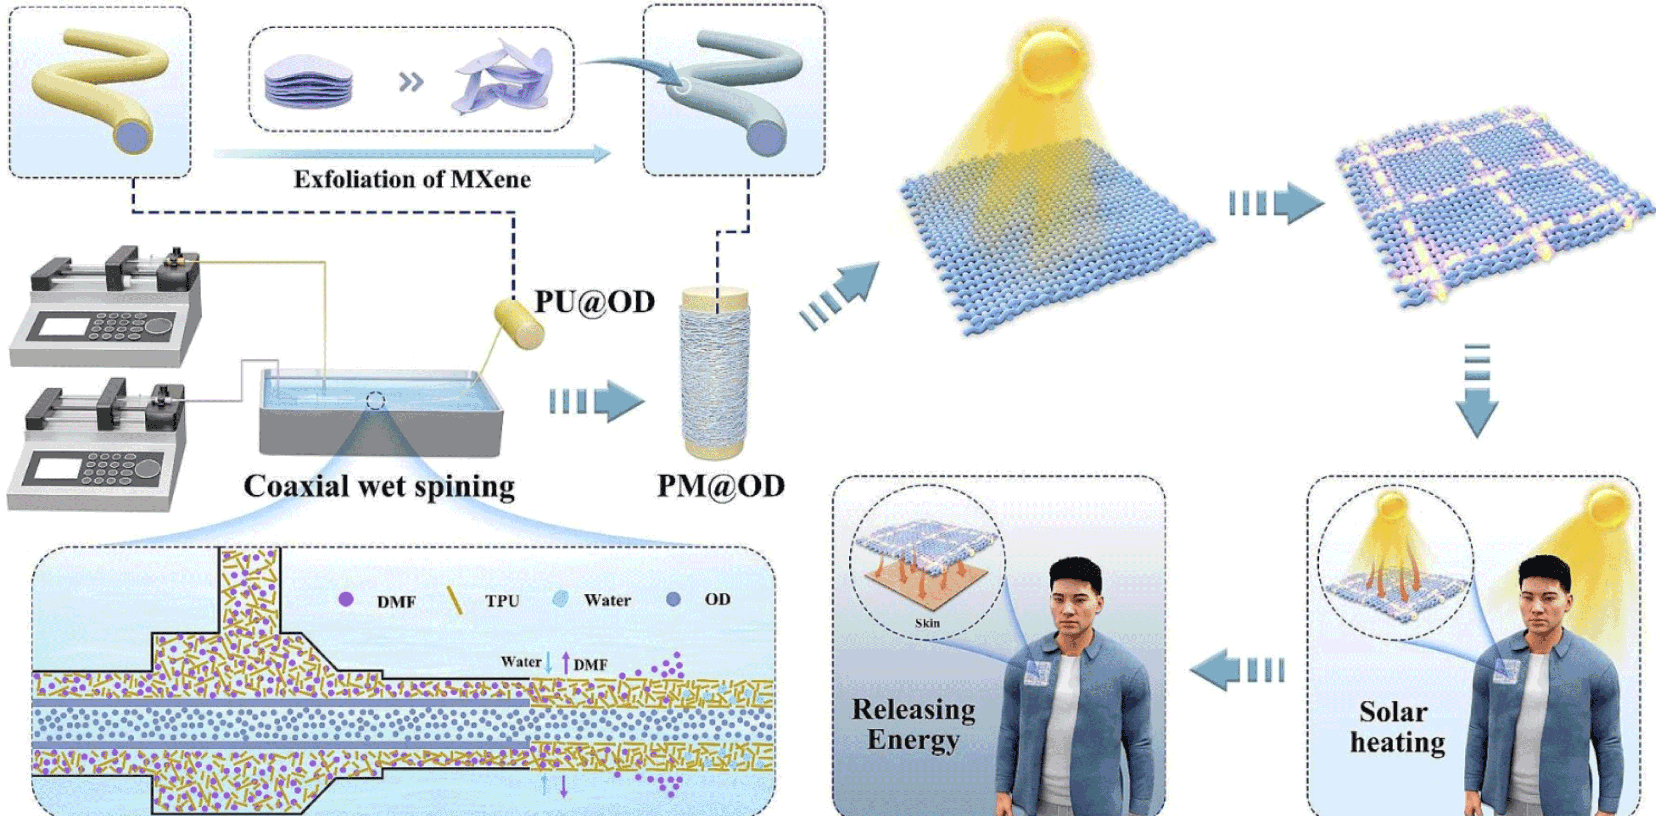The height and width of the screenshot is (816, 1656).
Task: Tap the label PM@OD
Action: click(721, 486)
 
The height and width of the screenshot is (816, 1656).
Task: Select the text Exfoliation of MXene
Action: click(412, 179)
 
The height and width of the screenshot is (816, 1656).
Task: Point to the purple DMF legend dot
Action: click(346, 600)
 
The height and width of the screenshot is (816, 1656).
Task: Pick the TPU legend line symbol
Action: click(454, 601)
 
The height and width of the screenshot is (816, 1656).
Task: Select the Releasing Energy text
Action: click(913, 724)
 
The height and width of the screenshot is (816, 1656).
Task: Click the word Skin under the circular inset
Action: click(927, 623)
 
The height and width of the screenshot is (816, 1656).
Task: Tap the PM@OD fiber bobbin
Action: click(715, 373)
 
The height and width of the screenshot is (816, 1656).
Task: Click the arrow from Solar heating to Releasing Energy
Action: click(1236, 670)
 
